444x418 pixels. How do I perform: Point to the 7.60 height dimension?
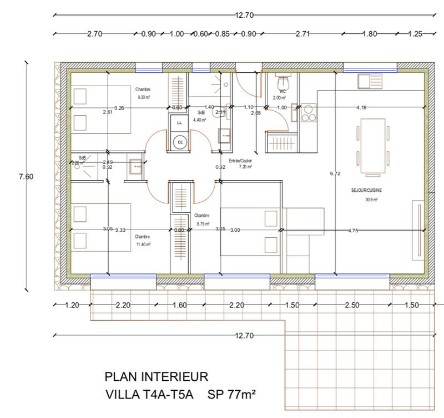coord(26,177)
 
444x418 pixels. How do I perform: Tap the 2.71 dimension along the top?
coord(302,34)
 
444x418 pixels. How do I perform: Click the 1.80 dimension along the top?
coord(370,34)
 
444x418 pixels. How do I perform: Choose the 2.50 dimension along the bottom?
coord(352,305)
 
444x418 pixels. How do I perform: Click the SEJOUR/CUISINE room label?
coord(366,190)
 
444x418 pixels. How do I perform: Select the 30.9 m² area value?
coord(371,200)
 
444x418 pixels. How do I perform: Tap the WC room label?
coord(282,91)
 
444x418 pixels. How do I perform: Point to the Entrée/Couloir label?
coord(245,160)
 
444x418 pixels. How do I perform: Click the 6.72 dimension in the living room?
coord(335,173)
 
